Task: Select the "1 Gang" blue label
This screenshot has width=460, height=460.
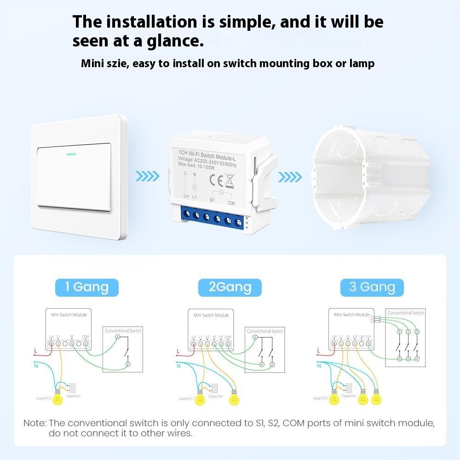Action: (x=87, y=287)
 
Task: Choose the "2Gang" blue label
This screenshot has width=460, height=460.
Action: (x=230, y=287)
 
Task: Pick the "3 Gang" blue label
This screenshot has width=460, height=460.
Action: (x=372, y=287)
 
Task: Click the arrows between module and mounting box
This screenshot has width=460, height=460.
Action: (x=291, y=176)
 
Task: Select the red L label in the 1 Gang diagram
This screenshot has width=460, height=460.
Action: (x=36, y=351)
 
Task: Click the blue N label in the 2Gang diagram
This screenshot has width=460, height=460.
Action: (x=178, y=366)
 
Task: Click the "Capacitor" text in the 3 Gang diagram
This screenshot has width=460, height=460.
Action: (x=349, y=396)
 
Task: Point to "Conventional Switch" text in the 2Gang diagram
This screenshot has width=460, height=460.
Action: (x=265, y=331)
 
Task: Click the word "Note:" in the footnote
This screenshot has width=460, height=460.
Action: (x=35, y=423)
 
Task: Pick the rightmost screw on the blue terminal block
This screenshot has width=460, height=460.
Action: (x=238, y=224)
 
